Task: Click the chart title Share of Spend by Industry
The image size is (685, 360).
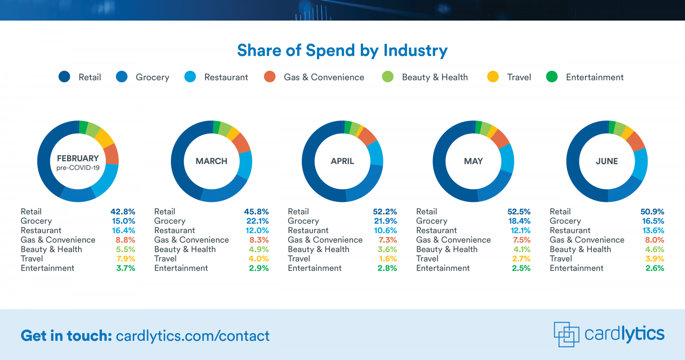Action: [x=342, y=50]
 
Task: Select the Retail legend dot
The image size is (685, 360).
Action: [x=64, y=77]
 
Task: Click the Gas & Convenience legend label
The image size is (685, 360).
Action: [x=324, y=77]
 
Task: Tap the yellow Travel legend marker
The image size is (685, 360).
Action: [x=493, y=77]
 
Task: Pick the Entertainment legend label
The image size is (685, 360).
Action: [x=595, y=77]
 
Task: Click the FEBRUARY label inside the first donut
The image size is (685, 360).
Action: [x=78, y=159]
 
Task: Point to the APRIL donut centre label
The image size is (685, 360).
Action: [x=342, y=161]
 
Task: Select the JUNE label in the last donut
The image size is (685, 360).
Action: [x=606, y=161]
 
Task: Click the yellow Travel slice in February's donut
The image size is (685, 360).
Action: [x=105, y=137]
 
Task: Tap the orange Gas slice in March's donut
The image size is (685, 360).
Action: [x=242, y=143]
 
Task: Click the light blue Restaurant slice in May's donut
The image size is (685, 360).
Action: [x=506, y=158]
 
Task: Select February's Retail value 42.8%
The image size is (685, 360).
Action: [x=123, y=212]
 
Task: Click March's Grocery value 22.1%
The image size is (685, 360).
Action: [x=256, y=221]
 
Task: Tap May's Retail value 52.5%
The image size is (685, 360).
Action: [x=519, y=212]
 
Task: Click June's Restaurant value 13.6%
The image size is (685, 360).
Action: [x=652, y=230]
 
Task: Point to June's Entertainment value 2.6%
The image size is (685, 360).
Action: [x=654, y=268]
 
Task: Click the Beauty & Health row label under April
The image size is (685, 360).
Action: [x=318, y=249]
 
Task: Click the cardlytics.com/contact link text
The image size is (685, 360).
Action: [x=193, y=336]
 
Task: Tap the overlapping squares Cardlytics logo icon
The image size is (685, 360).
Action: [x=566, y=334]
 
